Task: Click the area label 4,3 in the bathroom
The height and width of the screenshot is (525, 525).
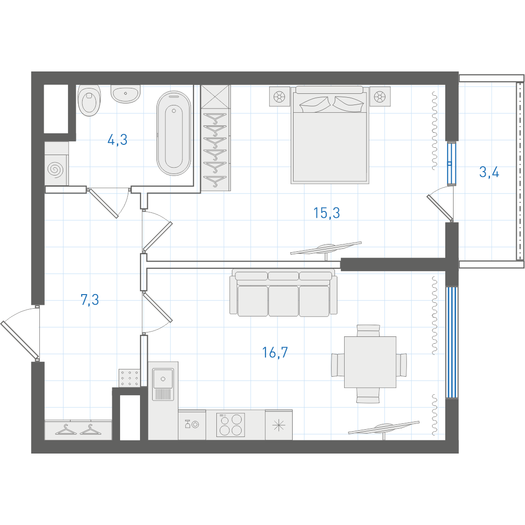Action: [118, 140]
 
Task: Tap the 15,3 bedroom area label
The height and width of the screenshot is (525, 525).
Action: [327, 213]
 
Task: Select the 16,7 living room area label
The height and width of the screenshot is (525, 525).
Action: [275, 352]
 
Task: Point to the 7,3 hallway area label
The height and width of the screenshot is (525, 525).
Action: [90, 299]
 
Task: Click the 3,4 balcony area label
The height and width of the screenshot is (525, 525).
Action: [489, 172]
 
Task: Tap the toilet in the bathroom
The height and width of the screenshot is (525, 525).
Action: [89, 100]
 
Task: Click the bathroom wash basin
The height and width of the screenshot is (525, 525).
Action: [125, 94]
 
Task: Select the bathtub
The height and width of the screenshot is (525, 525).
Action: [174, 133]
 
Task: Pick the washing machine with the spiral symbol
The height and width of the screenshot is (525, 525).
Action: [56, 163]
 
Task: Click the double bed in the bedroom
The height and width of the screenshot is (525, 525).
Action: [330, 135]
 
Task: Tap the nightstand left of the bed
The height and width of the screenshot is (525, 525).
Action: [279, 97]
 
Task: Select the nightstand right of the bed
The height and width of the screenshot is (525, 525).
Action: [380, 97]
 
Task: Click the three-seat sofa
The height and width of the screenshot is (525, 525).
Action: [283, 293]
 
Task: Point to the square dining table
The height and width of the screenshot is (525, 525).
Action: [370, 362]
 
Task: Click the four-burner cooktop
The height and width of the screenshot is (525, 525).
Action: [231, 425]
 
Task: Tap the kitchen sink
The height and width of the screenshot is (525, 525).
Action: [163, 385]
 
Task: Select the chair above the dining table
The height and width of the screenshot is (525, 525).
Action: [368, 331]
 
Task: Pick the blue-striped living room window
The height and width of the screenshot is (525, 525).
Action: [452, 342]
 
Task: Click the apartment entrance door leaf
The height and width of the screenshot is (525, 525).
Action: [19, 339]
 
